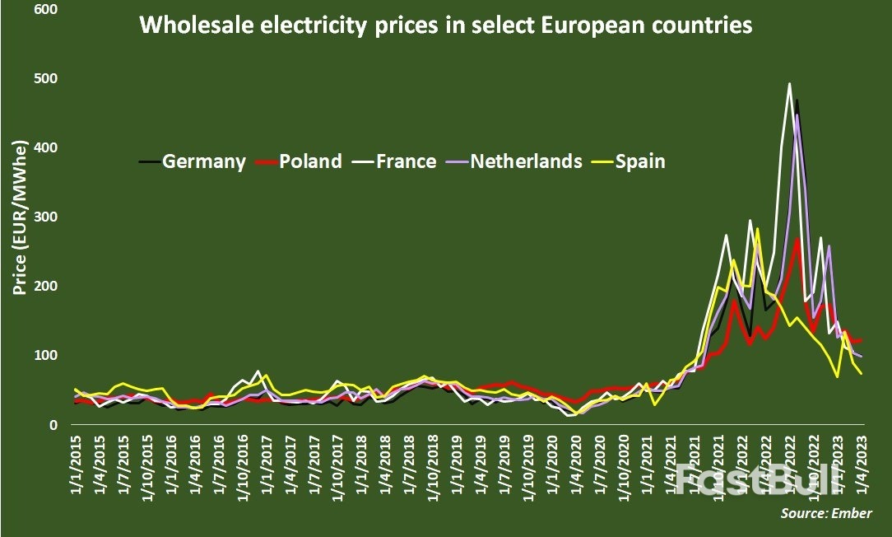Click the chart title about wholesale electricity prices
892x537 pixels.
click(x=445, y=26)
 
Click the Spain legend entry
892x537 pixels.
click(x=638, y=161)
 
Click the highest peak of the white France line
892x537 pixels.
click(x=790, y=83)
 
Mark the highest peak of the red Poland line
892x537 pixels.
click(x=797, y=240)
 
